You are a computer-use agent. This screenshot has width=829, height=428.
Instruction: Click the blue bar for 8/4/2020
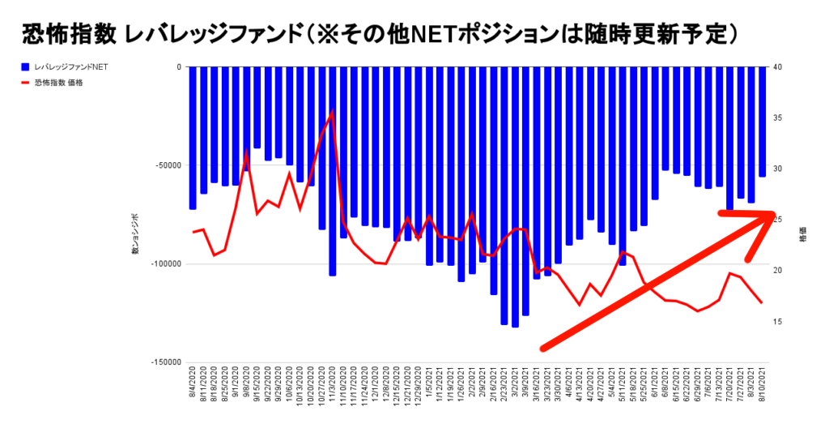tap(193, 138)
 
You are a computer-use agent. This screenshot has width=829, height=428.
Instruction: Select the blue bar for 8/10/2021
tap(762, 122)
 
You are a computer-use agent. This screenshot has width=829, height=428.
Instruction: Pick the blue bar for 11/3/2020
tap(333, 171)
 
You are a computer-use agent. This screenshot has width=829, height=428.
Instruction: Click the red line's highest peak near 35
tap(332, 112)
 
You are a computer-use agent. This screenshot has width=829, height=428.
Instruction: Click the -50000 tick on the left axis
tap(168, 165)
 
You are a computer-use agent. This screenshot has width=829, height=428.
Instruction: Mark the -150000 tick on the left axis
tap(166, 362)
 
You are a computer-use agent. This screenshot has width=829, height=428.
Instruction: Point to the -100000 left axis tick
tap(166, 264)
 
